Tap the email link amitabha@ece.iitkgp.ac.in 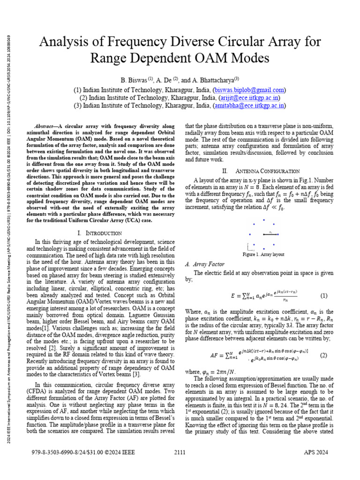[249, 106]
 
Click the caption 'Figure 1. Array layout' [263, 255]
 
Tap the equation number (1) [323, 296]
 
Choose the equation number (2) [323, 355]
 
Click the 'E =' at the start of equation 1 [235, 296]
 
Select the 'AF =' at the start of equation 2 [217, 355]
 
